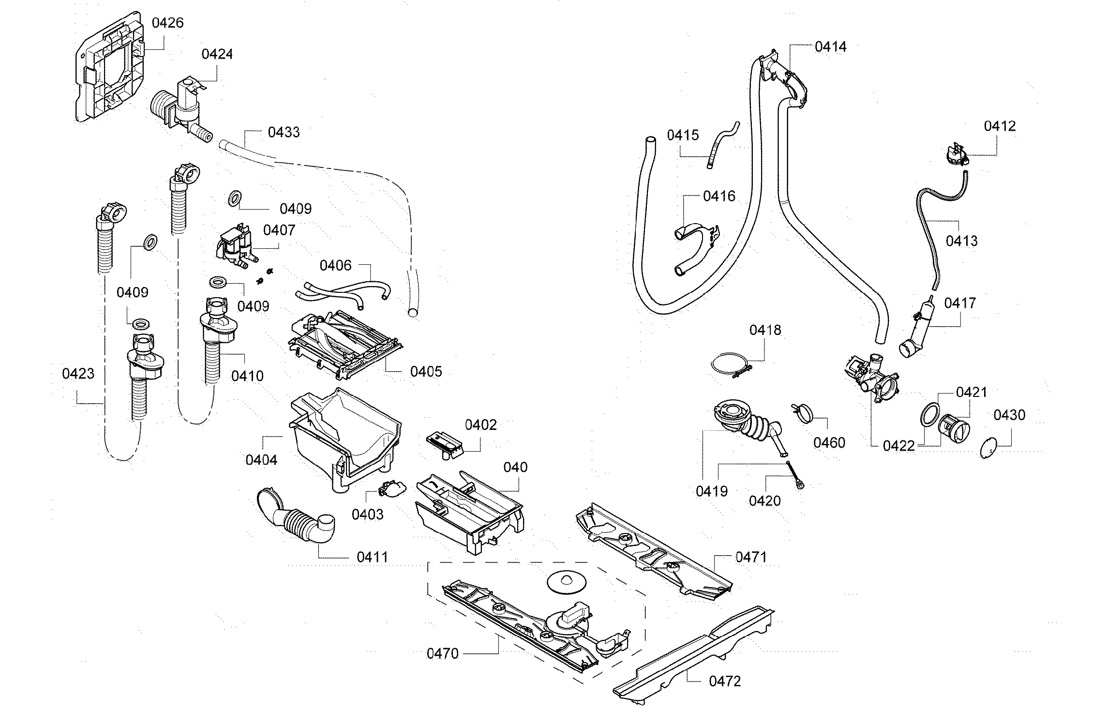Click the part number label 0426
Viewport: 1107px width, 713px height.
(167, 23)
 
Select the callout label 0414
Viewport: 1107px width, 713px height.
(830, 46)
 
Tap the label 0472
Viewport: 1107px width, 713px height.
(725, 682)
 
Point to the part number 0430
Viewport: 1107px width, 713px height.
(1009, 415)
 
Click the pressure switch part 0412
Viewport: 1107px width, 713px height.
(951, 154)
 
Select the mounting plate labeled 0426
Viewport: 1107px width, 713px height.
(109, 68)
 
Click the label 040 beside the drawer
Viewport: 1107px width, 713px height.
(515, 468)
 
